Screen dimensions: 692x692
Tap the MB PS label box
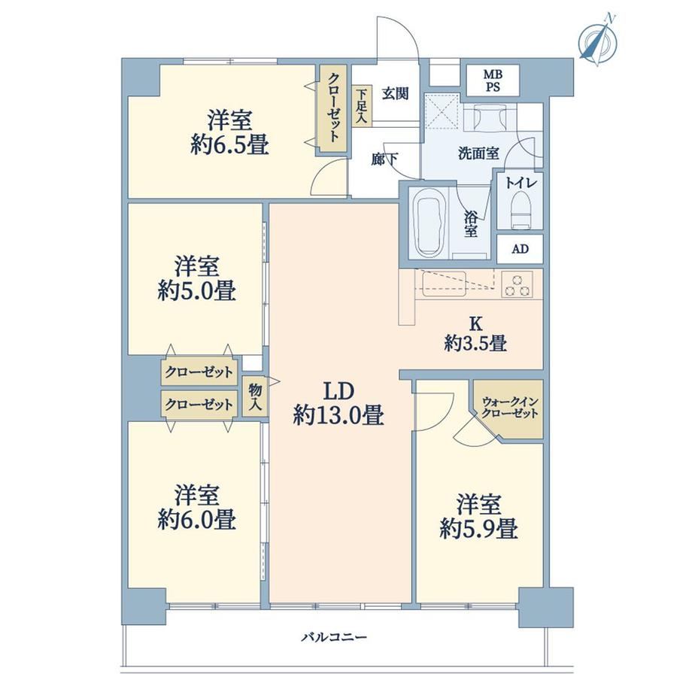[493, 80]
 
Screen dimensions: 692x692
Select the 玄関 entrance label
[395, 93]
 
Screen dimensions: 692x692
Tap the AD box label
[520, 249]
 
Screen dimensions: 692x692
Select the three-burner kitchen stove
[517, 284]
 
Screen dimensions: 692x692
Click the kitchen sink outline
[444, 284]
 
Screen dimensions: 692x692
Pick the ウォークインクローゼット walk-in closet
[509, 408]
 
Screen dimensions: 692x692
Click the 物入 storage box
[255, 396]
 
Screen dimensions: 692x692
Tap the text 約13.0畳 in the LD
[338, 415]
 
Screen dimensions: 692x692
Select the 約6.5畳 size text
[230, 144]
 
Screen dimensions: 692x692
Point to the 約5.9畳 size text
[478, 528]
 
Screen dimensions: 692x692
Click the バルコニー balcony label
[334, 637]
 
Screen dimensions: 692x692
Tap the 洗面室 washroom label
[478, 153]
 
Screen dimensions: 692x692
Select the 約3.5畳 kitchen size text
[475, 343]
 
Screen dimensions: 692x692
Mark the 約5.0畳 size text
[197, 291]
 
